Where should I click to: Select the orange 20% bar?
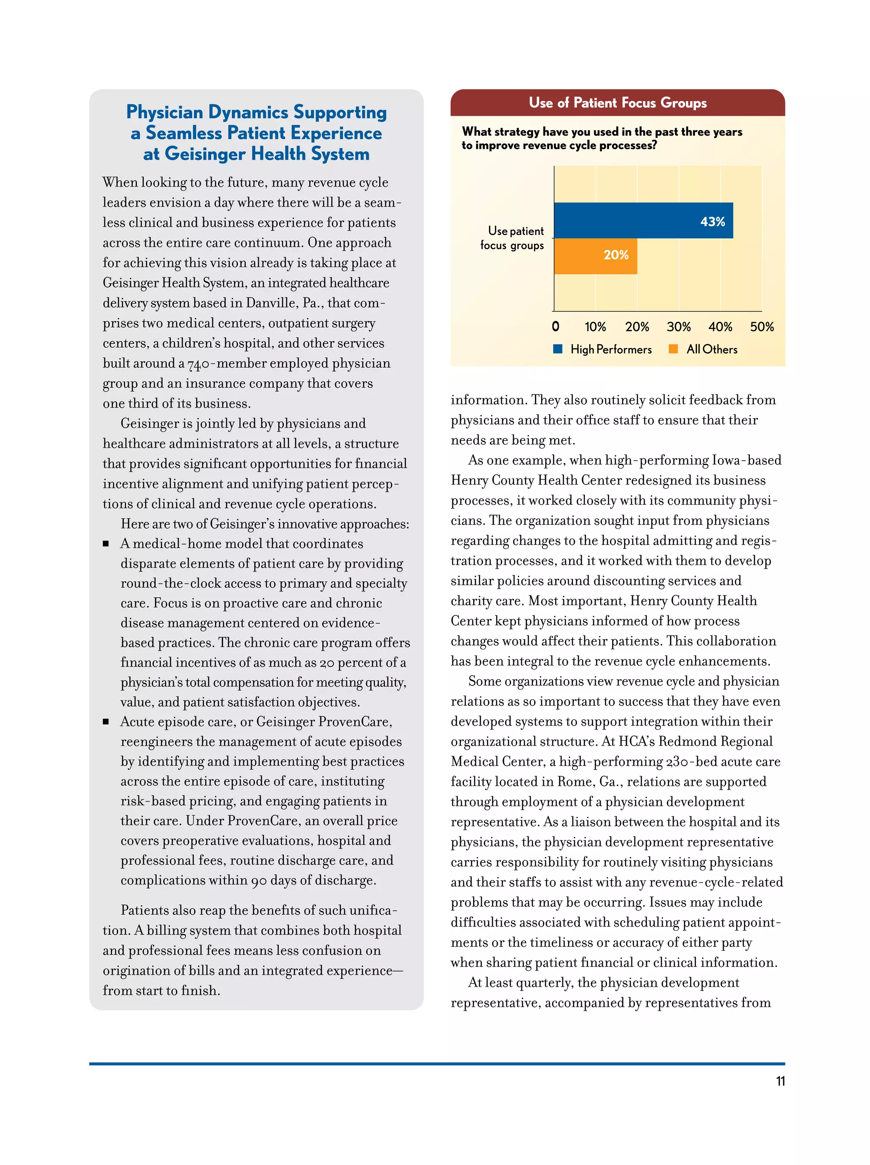(595, 256)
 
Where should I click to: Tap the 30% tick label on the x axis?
(678, 327)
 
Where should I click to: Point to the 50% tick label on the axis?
(761, 327)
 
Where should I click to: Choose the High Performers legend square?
(558, 349)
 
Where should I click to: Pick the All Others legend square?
(672, 349)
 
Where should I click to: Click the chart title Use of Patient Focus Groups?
(617, 103)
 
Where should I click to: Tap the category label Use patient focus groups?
(511, 238)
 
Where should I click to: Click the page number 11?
(780, 1081)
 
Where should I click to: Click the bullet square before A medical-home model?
(106, 544)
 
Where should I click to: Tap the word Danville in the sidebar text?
(271, 303)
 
